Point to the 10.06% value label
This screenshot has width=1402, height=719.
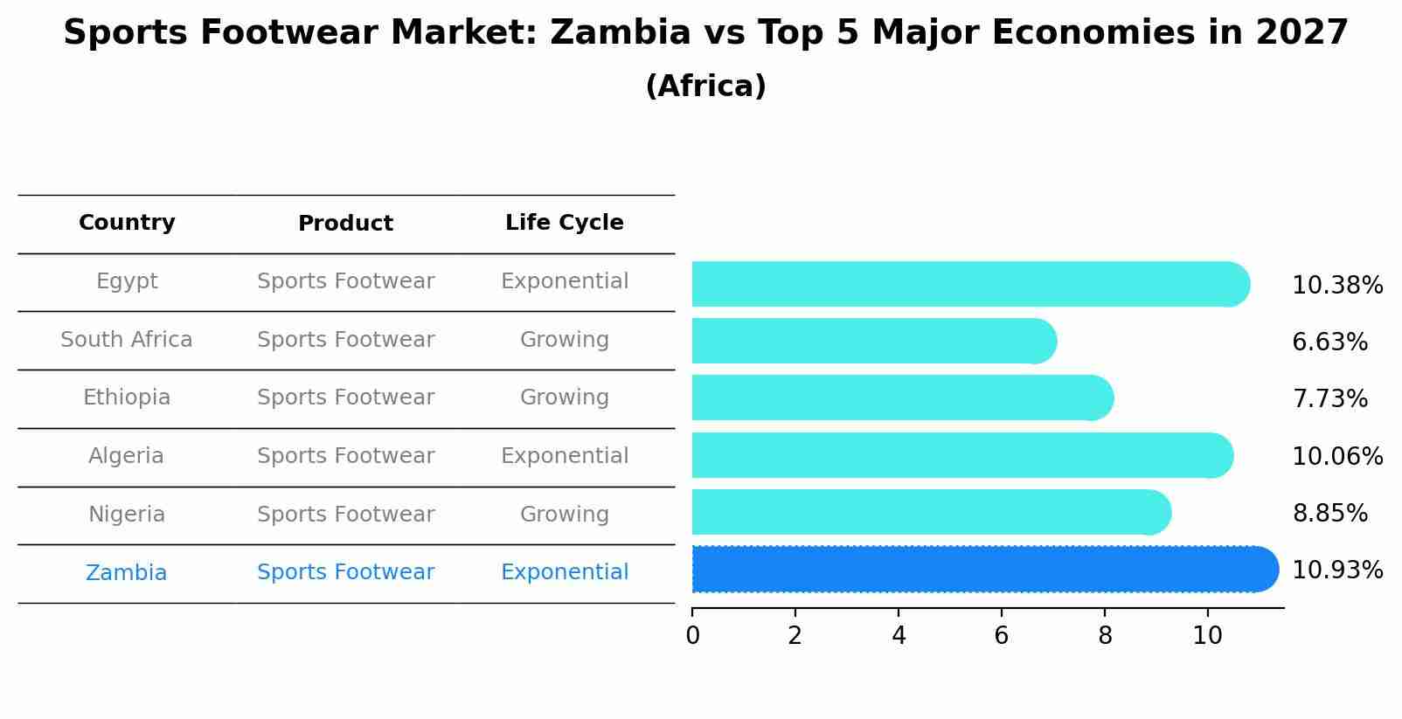tap(1336, 456)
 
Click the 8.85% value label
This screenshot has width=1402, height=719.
tap(1329, 513)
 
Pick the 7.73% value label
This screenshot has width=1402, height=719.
tap(1329, 399)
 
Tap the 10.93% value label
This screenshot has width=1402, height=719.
tap(1336, 570)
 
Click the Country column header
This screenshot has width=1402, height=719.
tap(127, 223)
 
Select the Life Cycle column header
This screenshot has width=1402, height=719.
tap(564, 223)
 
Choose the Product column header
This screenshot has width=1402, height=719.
tap(345, 224)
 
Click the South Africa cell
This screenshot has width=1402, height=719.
tap(127, 340)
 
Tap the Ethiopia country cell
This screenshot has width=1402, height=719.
tap(127, 398)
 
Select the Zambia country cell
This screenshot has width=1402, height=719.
tap(127, 573)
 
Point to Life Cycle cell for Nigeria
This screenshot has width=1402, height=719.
tap(564, 515)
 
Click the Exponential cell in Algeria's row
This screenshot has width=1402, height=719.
tap(564, 456)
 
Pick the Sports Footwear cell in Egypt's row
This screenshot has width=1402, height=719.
tap(345, 281)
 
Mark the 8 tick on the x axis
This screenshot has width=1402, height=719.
tap(1105, 635)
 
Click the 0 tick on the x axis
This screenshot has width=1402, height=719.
tap(692, 635)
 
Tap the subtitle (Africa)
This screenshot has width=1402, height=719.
tap(705, 86)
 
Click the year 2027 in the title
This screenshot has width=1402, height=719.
tap(1301, 33)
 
